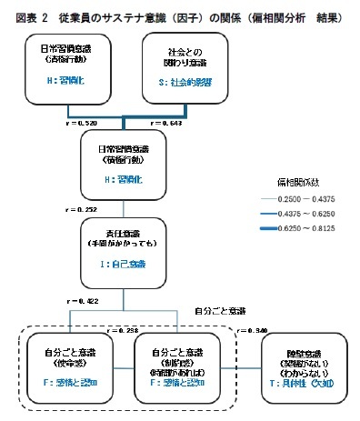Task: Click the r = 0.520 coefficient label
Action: (73, 122)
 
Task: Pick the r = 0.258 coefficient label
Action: (124, 331)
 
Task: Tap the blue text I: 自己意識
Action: (124, 264)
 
